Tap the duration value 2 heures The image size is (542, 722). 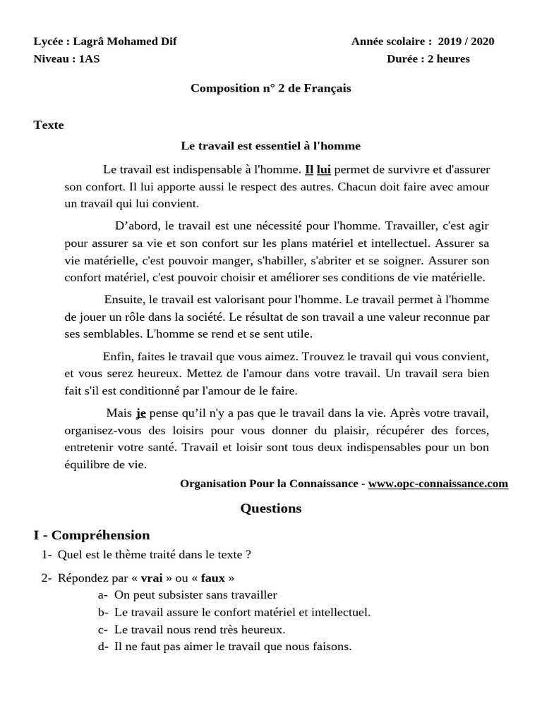[x=442, y=59]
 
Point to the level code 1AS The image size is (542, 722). [x=90, y=59]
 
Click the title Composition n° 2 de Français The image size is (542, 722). [x=270, y=88]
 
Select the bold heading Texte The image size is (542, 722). [x=49, y=126]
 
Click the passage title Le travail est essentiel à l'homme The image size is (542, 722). [x=270, y=146]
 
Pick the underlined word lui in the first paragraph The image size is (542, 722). [x=323, y=169]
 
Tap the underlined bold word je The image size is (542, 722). [x=140, y=413]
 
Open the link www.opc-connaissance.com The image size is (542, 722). [x=438, y=484]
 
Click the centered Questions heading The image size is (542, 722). [x=270, y=508]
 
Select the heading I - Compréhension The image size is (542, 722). [x=92, y=535]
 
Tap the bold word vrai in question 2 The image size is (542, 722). [x=152, y=578]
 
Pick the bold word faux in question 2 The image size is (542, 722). [x=212, y=578]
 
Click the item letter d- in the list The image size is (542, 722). [x=103, y=647]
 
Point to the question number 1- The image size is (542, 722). [x=47, y=555]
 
